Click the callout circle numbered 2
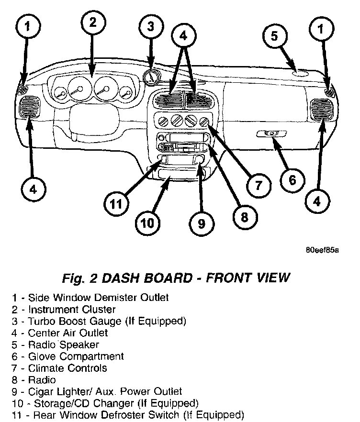tap(92, 22)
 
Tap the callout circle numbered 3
tap(150, 27)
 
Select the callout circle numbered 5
tap(274, 37)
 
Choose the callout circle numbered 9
tap(201, 223)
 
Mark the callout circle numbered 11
tap(115, 205)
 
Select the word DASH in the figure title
tap(118, 278)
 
